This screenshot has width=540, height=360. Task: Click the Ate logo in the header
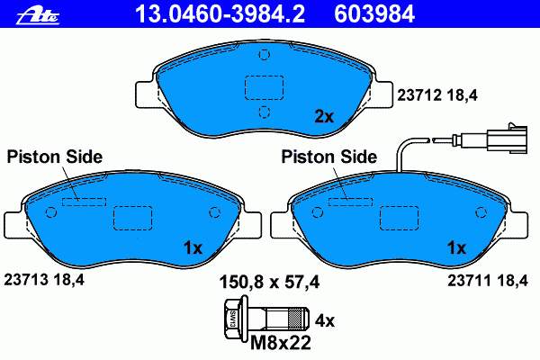tap(37, 15)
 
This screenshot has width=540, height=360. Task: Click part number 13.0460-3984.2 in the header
tap(220, 14)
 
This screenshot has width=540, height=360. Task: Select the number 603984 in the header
tap(374, 14)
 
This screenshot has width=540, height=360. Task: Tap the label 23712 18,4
tap(437, 95)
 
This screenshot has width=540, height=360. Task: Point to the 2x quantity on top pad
tap(324, 117)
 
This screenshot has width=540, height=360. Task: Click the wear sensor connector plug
tap(507, 139)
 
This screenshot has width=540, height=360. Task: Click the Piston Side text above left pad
tap(54, 157)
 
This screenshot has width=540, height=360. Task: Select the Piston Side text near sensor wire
tap(328, 157)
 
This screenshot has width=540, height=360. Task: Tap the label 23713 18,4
tap(44, 280)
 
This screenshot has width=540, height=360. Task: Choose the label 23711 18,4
tap(487, 281)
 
